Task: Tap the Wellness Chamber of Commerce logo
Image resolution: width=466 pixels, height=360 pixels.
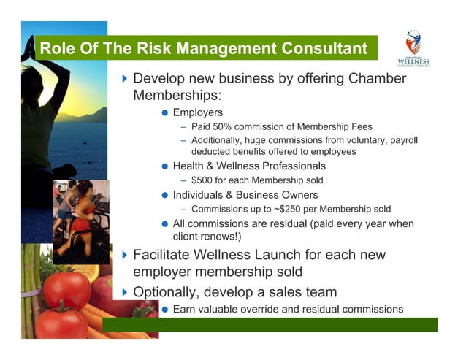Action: pyautogui.click(x=413, y=48)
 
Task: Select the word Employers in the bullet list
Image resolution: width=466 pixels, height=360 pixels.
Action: pyautogui.click(x=197, y=112)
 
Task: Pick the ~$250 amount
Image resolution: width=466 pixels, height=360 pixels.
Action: pyautogui.click(x=295, y=209)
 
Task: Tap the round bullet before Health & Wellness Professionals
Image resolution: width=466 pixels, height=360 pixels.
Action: pyautogui.click(x=165, y=166)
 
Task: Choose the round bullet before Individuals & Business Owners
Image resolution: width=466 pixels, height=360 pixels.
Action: pyautogui.click(x=165, y=195)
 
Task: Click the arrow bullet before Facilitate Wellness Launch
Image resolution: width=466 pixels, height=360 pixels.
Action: pyautogui.click(x=124, y=256)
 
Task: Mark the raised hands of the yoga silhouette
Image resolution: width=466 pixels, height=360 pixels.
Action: pyautogui.click(x=30, y=45)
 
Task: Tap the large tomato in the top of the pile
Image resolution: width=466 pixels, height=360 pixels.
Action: pyautogui.click(x=66, y=288)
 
